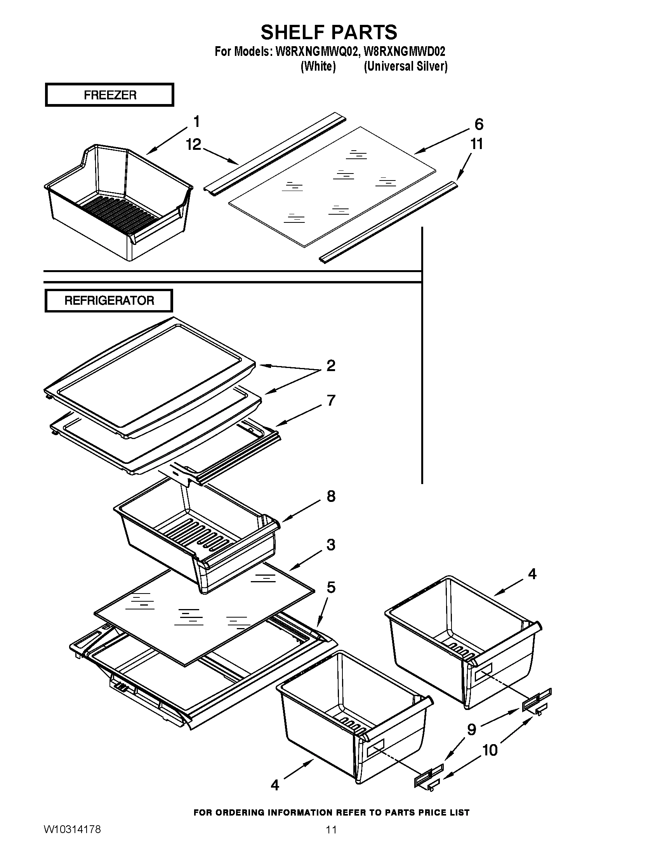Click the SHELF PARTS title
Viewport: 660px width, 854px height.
(329, 32)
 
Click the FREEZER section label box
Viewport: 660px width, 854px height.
(109, 95)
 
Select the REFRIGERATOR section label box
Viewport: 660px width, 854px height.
(109, 301)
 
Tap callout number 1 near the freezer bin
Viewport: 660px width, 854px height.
(197, 122)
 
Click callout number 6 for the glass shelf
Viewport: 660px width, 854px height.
(479, 124)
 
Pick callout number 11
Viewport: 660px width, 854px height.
(476, 144)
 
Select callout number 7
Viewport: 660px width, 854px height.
(331, 401)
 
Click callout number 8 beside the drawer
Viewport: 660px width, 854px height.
(331, 496)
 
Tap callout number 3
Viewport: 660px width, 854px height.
(331, 545)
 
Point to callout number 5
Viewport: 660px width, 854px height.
(331, 587)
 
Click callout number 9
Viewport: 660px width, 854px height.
(472, 729)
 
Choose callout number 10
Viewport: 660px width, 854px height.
(490, 750)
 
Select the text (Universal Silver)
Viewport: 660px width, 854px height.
(405, 66)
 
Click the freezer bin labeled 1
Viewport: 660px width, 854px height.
(117, 203)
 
